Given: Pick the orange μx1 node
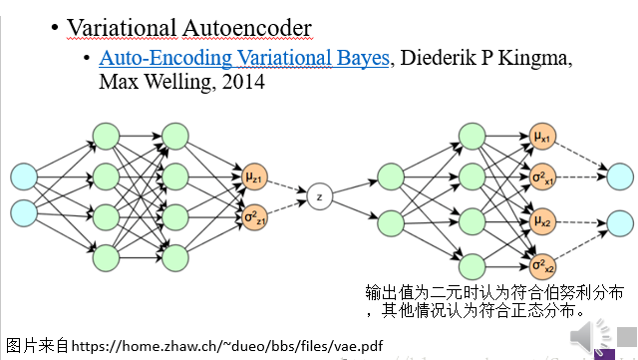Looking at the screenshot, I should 542,137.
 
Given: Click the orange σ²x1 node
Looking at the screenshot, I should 542,177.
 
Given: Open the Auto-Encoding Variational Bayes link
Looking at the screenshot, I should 244,58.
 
